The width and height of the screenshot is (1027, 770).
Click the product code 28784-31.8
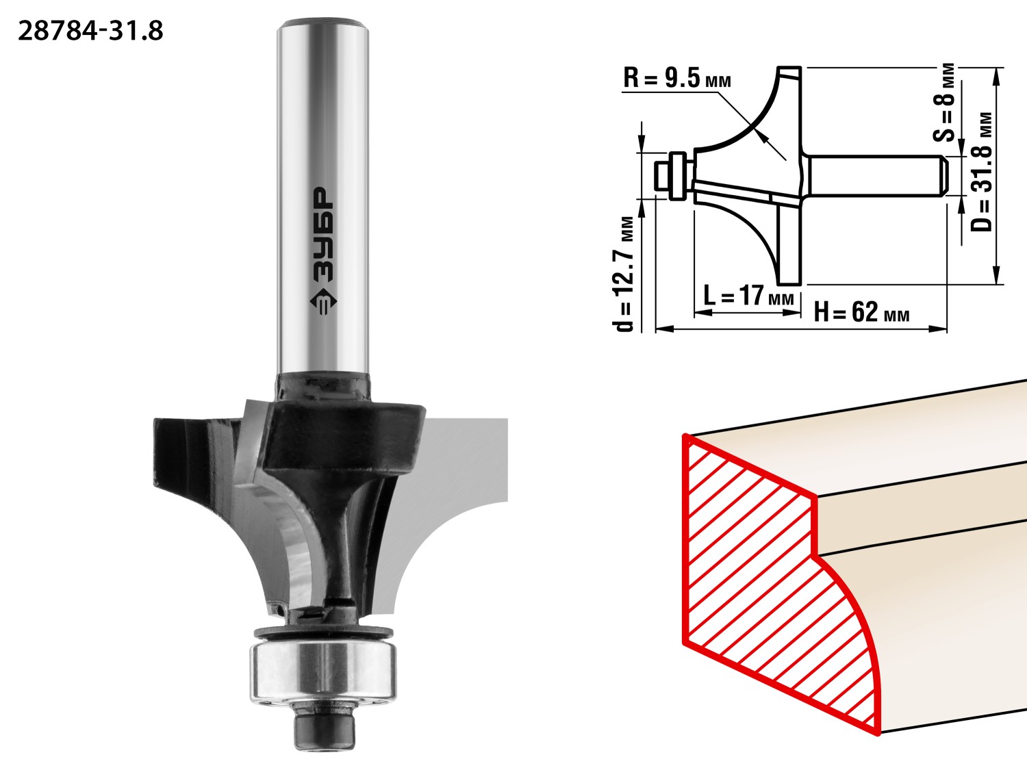(90, 31)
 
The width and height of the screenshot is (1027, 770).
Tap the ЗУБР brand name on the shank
(323, 235)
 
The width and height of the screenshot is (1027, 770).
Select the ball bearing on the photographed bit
(323, 672)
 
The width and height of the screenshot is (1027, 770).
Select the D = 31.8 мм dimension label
(980, 172)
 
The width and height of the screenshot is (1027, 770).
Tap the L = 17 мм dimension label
(748, 296)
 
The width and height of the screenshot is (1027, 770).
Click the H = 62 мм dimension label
(862, 312)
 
